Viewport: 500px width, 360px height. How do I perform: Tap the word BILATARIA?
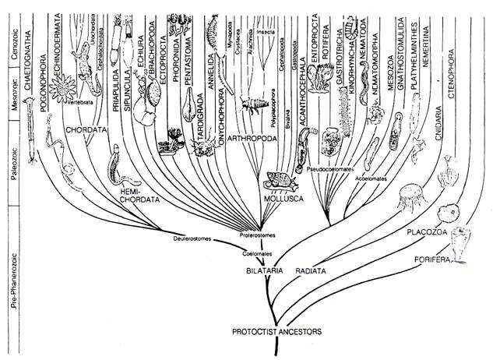(x=260, y=270)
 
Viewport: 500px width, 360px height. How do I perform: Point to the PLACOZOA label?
(x=424, y=232)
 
